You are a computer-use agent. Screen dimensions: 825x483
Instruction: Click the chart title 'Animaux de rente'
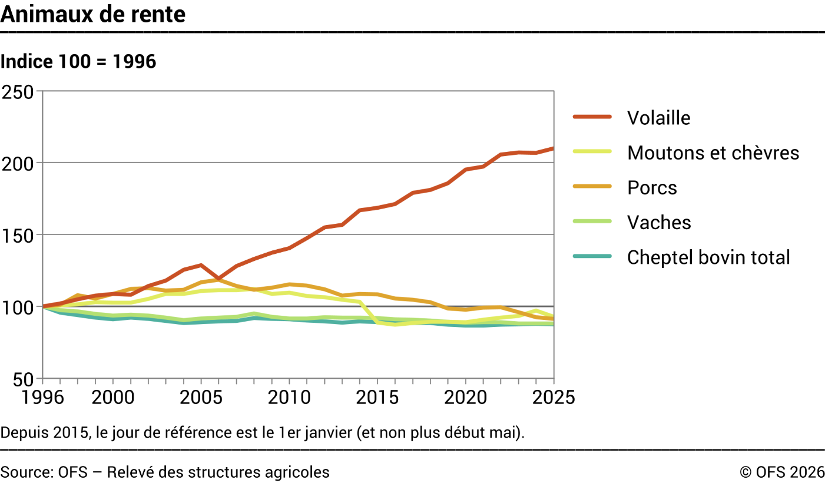(x=93, y=14)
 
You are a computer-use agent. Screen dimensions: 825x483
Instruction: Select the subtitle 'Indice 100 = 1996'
(x=78, y=61)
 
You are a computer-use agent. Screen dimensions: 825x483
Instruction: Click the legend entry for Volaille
(x=658, y=118)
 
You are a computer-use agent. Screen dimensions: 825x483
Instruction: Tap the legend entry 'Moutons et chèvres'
(x=713, y=153)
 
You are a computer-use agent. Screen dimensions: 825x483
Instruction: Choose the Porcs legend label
(x=652, y=187)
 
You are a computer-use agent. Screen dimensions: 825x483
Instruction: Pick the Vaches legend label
(x=659, y=222)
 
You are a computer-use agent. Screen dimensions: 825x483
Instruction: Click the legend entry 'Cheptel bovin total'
(x=708, y=257)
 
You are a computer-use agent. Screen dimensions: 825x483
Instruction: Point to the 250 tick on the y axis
(x=18, y=92)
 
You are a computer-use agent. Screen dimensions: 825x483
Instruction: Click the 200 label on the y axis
(x=18, y=164)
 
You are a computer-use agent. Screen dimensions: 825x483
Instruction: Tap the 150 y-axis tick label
(x=18, y=236)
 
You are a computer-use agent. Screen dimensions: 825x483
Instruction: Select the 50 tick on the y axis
(x=23, y=379)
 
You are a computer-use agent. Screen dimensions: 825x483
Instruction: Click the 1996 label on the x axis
(x=43, y=398)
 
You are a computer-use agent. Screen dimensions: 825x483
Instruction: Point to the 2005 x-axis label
(x=201, y=398)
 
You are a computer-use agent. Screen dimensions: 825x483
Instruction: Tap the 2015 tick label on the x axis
(x=377, y=398)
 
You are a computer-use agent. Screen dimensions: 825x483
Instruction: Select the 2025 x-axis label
(x=554, y=398)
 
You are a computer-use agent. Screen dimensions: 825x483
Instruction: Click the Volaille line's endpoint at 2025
(x=553, y=148)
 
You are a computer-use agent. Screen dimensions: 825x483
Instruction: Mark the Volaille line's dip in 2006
(x=218, y=279)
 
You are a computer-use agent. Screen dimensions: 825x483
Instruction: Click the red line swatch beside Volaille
(x=592, y=117)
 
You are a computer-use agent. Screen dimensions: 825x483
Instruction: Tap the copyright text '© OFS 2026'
(x=782, y=472)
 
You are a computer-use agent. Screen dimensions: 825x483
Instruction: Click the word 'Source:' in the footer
(x=27, y=472)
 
